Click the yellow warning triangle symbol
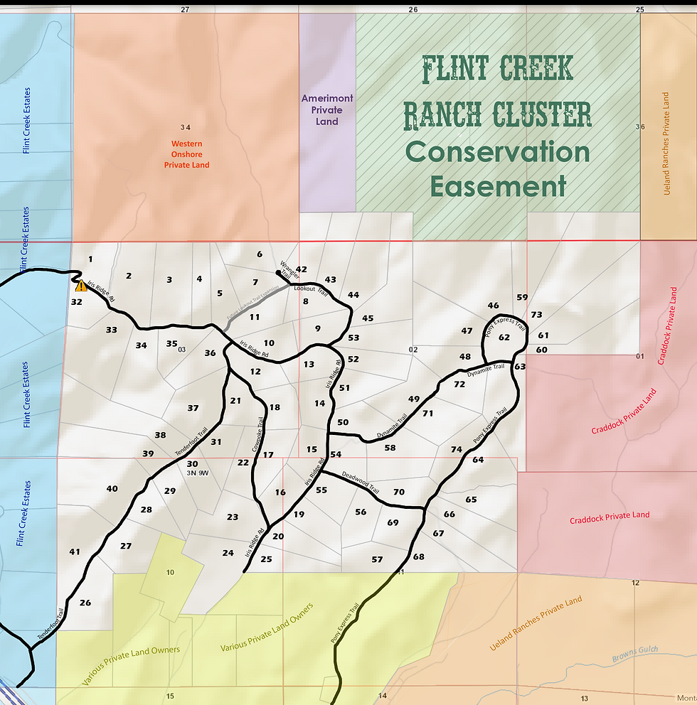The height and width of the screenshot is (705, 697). [81, 286]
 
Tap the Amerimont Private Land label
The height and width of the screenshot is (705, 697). [327, 110]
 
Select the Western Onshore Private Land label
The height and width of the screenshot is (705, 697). [186, 154]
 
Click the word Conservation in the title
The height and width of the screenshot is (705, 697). [498, 152]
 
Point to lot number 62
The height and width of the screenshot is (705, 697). [504, 338]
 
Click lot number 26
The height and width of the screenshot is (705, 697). [85, 603]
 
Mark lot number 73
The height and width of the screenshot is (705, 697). [536, 315]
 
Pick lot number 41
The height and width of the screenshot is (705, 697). [75, 551]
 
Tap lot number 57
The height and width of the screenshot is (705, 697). [377, 559]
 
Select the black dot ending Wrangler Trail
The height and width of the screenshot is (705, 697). [278, 272]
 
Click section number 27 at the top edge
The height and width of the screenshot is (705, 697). [186, 10]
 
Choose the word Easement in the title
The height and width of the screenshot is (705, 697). [498, 186]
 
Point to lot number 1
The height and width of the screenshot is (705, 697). [90, 259]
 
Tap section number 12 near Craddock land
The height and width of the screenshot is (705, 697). [635, 583]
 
